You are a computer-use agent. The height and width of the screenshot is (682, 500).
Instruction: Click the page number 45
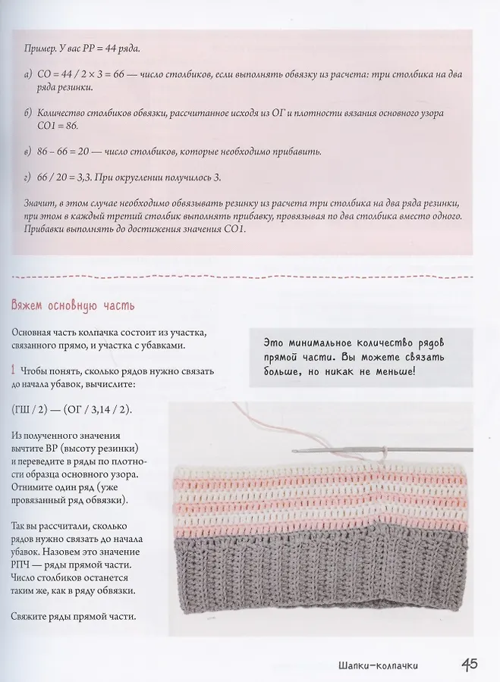[x=468, y=665]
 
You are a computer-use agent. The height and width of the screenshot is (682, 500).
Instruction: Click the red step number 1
[x=14, y=371]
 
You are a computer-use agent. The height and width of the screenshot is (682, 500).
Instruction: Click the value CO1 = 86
[x=42, y=126]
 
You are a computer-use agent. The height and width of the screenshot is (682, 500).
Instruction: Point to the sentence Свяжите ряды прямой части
[x=74, y=615]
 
